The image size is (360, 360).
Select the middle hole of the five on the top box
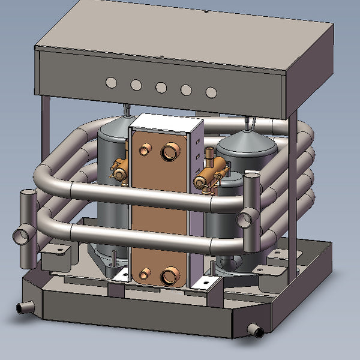(161, 88)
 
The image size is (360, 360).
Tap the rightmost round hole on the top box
(211, 92)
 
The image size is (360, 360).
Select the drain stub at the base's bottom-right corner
(257, 331)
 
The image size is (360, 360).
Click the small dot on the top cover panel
(205, 11)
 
